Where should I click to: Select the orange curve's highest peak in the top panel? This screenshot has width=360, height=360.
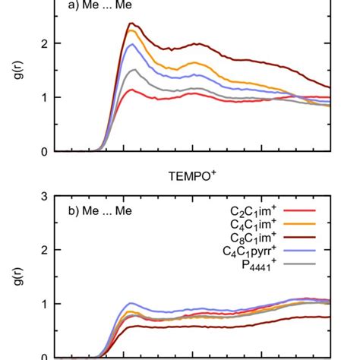click(131, 30)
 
